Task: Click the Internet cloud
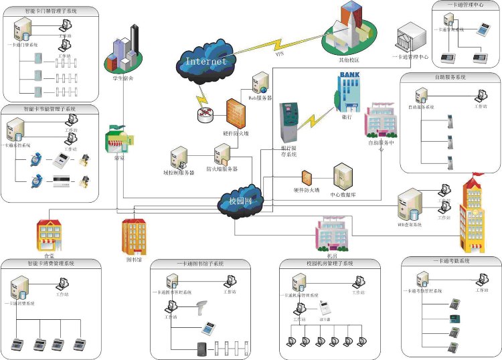[205, 60]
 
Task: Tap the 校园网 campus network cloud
[240, 199]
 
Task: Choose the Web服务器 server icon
[260, 84]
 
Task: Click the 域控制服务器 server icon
[179, 158]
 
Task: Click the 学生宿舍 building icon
[124, 50]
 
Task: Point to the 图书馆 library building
[133, 236]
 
